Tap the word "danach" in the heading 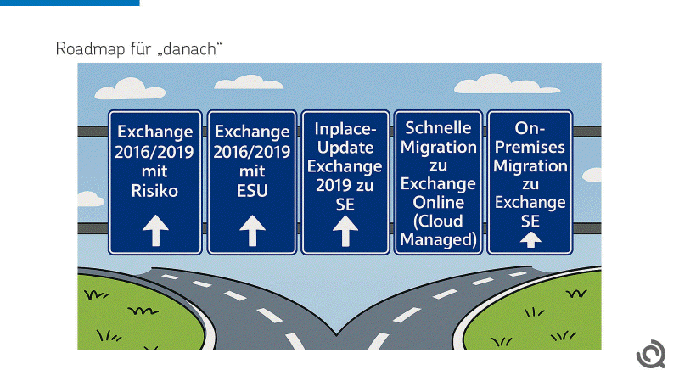point(196,48)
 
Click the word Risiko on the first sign point(155,191)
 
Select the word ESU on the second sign point(253,191)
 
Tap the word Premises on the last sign point(530,146)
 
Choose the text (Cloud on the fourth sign point(439,221)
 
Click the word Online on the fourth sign point(439,202)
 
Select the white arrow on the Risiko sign point(155,229)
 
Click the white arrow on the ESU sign point(253,229)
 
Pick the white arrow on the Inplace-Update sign point(345,230)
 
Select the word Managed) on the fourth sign point(439,239)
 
